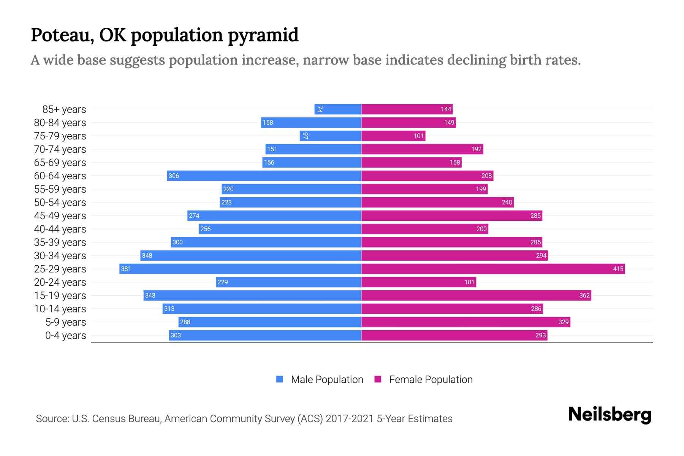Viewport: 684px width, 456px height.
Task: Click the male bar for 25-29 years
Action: [x=240, y=269]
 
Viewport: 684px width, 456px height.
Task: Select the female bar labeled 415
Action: [x=493, y=269]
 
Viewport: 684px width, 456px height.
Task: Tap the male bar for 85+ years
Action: [x=338, y=109]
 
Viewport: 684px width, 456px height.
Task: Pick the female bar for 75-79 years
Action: [x=393, y=136]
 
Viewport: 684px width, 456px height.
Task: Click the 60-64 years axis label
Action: [x=60, y=176]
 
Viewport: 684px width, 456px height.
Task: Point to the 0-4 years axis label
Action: [x=65, y=336]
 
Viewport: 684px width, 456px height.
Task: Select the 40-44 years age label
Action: [x=60, y=229]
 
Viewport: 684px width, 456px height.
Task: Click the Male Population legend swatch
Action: [x=280, y=379]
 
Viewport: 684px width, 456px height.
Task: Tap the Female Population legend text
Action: [x=431, y=380]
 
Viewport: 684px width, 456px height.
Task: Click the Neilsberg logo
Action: [x=610, y=415]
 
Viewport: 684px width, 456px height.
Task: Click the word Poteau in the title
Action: [x=62, y=35]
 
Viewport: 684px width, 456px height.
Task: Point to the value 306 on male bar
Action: [x=174, y=176]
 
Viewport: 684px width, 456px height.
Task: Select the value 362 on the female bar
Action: [x=584, y=296]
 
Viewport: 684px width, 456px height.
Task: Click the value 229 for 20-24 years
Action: [x=223, y=282]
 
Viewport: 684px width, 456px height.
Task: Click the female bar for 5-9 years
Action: [x=465, y=322]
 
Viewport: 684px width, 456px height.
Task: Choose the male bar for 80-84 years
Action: [x=311, y=123]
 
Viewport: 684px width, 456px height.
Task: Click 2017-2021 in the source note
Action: [x=350, y=419]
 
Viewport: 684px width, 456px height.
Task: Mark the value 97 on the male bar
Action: [x=305, y=136]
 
